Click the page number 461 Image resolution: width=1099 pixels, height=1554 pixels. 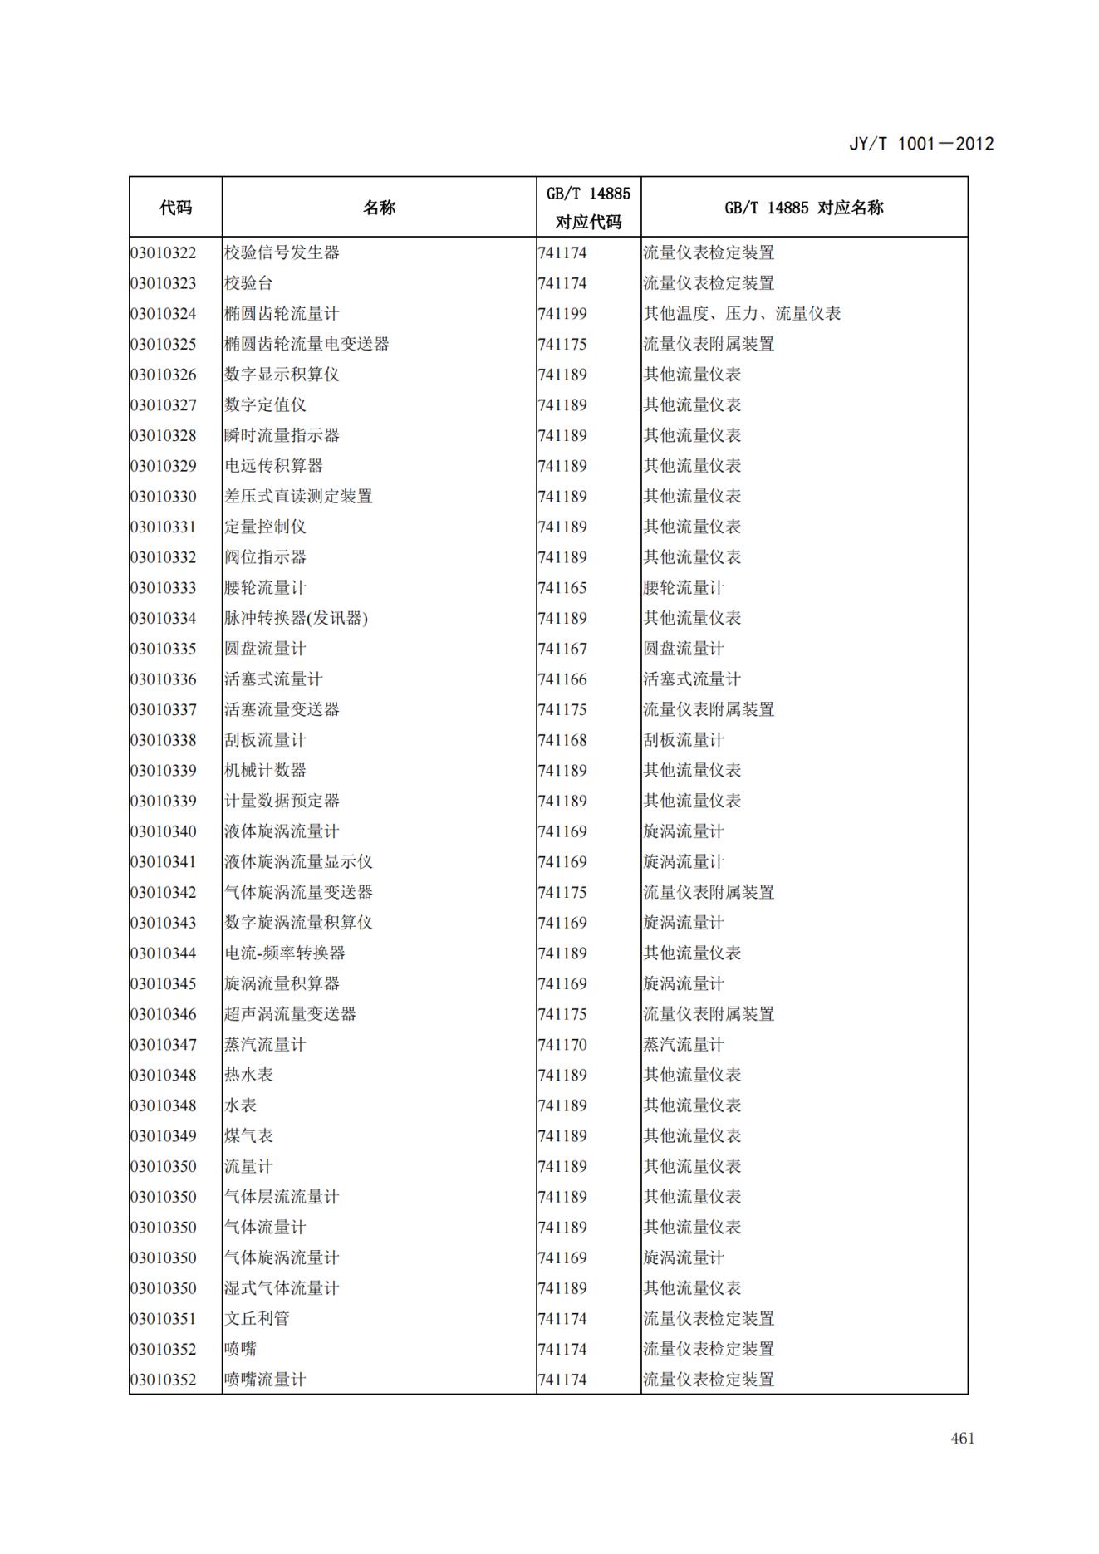pyautogui.click(x=962, y=1439)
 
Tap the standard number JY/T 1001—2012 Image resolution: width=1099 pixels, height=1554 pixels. pyautogui.click(x=920, y=144)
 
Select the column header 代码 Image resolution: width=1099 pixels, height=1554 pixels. pyautogui.click(x=175, y=208)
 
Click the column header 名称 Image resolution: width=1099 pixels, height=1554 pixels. pyautogui.click(x=379, y=208)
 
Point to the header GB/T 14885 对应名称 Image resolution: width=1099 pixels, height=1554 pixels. pyautogui.click(x=803, y=208)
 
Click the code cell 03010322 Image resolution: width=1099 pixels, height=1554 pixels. pyautogui.click(x=164, y=252)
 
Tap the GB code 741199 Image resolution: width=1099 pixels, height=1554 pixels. pyautogui.click(x=562, y=314)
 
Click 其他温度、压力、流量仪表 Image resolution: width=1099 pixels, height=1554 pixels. pyautogui.click(x=741, y=314)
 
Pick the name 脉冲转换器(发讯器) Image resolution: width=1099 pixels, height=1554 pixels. pyautogui.click(x=296, y=618)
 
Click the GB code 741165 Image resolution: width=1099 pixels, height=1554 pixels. pyautogui.click(x=562, y=588)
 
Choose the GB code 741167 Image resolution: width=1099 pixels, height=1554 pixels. pyautogui.click(x=562, y=649)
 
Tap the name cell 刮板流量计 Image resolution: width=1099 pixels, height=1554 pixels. pyautogui.click(x=265, y=740)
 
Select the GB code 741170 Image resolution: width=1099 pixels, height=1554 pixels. pyautogui.click(x=562, y=1045)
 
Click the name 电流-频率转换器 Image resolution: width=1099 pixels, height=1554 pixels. pyautogui.click(x=284, y=953)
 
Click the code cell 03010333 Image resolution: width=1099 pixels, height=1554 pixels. pyautogui.click(x=164, y=588)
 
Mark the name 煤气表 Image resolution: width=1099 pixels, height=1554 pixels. pyautogui.click(x=248, y=1136)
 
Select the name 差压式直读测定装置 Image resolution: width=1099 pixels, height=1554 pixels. pyautogui.click(x=298, y=497)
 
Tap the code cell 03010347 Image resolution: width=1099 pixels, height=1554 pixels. pyautogui.click(x=164, y=1045)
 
